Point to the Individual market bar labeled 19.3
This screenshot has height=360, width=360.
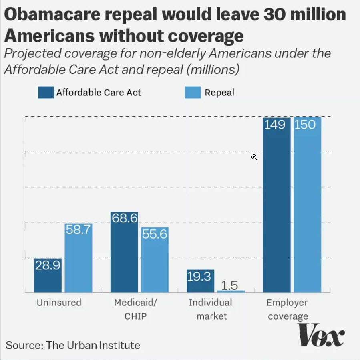[x=200, y=281]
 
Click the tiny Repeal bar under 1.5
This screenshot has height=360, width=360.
[x=231, y=291]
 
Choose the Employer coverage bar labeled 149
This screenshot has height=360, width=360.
[x=277, y=204]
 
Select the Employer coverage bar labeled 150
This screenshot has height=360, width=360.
[x=307, y=204]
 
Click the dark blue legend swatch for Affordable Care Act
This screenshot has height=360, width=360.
[x=46, y=93]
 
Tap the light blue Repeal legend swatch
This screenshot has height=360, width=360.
[x=192, y=93]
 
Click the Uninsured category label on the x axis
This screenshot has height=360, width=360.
[x=59, y=302]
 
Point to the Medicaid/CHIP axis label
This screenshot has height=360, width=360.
[x=135, y=309]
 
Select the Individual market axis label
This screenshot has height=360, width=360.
[x=210, y=309]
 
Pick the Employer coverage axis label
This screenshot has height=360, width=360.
[x=288, y=309]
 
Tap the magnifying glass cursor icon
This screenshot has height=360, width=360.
[x=254, y=157]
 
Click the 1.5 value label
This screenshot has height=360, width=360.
[x=229, y=285]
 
